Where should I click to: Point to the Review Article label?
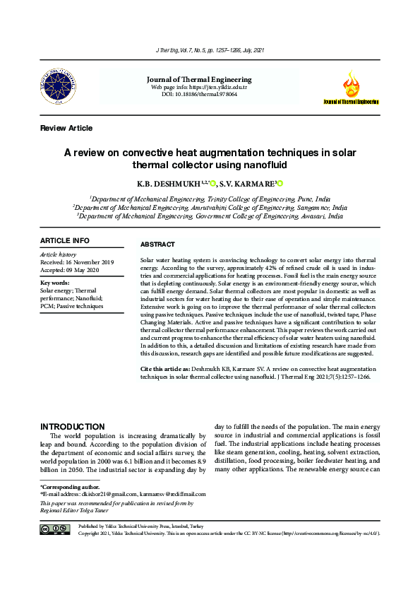[66, 128]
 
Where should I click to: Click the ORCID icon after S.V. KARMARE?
[280, 184]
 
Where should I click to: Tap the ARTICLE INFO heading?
[65, 241]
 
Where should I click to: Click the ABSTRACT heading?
[157, 245]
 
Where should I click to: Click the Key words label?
[56, 283]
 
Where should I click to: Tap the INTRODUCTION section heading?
[73, 427]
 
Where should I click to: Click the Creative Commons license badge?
[54, 529]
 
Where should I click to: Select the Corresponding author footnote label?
[70, 487]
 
